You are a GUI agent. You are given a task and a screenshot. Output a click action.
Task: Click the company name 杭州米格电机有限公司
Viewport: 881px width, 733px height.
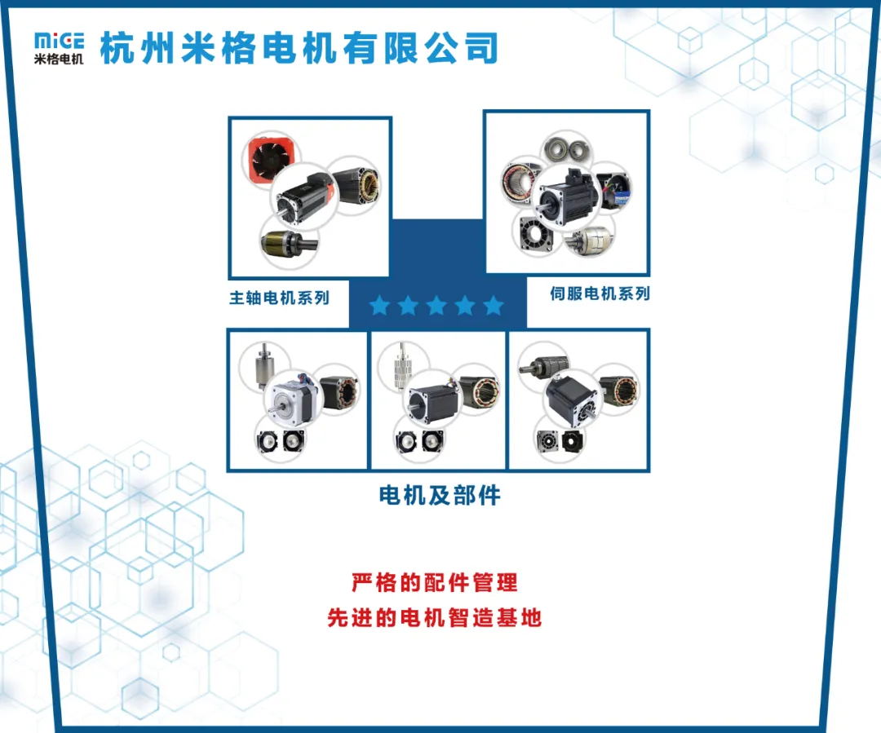click(x=299, y=48)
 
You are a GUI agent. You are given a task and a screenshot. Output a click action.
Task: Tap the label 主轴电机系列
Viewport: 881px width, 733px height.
click(x=279, y=298)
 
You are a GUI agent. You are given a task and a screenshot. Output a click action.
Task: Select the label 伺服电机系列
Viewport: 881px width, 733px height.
click(x=600, y=294)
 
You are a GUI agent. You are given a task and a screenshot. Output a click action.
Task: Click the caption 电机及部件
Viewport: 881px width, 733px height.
click(x=440, y=496)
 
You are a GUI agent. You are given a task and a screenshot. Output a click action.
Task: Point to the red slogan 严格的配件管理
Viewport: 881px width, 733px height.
click(x=434, y=582)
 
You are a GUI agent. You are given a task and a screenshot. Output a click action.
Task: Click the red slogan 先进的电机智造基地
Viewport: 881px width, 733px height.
click(x=434, y=617)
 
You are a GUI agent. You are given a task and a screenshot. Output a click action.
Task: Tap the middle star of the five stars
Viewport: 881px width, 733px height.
click(x=436, y=306)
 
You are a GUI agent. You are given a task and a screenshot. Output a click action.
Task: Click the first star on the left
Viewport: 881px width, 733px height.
click(x=380, y=306)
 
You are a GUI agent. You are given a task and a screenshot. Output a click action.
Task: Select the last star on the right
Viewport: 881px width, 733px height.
click(x=494, y=306)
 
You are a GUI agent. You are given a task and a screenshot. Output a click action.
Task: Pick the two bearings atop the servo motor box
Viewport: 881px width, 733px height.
click(x=567, y=148)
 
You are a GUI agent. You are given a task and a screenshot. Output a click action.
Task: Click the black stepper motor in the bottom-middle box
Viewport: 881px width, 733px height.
click(x=432, y=400)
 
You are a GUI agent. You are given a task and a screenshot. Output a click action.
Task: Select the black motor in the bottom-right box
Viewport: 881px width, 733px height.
click(x=571, y=400)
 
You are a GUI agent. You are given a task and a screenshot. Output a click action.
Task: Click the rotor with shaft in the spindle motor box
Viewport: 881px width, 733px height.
click(x=289, y=243)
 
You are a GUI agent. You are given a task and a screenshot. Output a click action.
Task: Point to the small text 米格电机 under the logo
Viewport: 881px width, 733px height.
click(x=59, y=59)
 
